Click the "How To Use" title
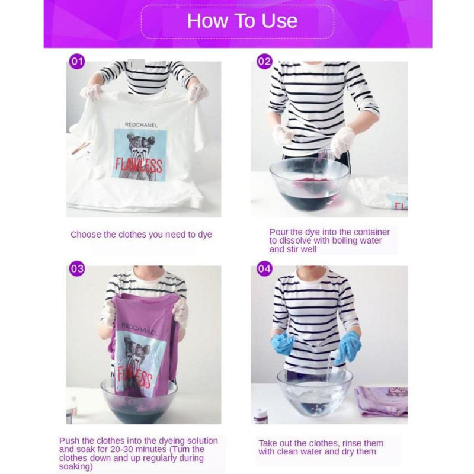[x=242, y=21]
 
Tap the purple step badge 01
[x=77, y=62]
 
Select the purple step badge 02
[x=264, y=62]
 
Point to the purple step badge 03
[x=77, y=269]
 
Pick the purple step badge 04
[x=264, y=269]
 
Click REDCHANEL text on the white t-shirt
[x=141, y=125]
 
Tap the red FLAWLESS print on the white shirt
[x=139, y=166]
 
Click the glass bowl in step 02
[x=309, y=184]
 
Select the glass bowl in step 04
[x=315, y=392]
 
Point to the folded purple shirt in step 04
[x=382, y=399]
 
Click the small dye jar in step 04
[x=260, y=415]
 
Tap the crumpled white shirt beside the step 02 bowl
[x=379, y=193]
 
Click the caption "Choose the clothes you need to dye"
[x=141, y=235]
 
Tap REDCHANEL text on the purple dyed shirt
[x=139, y=329]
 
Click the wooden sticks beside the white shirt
[x=81, y=148]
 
